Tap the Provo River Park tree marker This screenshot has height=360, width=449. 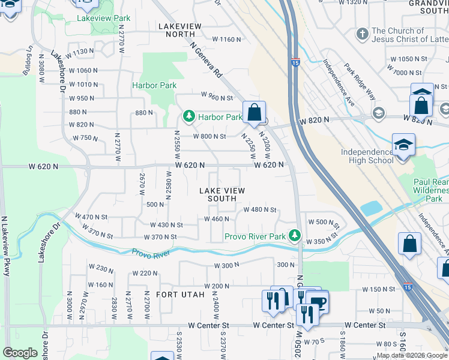pyautogui.click(x=294, y=235)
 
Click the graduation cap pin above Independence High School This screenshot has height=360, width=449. pyautogui.click(x=403, y=145)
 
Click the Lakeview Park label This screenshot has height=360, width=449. pyautogui.click(x=103, y=19)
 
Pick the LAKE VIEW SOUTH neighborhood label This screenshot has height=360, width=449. pyautogui.click(x=222, y=194)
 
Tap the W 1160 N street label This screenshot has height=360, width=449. pyautogui.click(x=226, y=40)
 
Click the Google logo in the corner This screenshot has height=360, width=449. pyautogui.click(x=20, y=353)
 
